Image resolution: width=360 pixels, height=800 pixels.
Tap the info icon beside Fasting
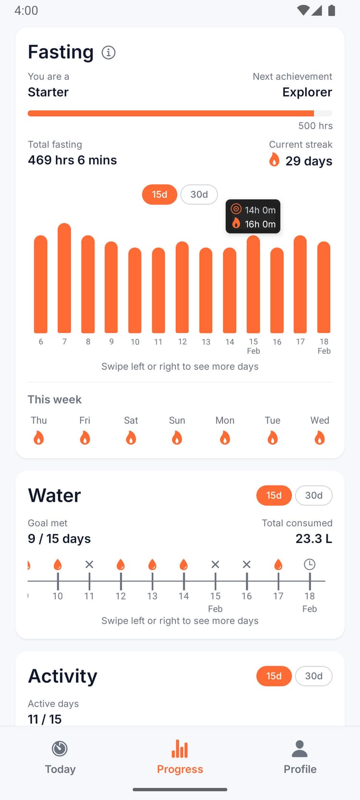point(108,52)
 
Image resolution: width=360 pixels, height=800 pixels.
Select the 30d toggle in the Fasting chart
point(199,194)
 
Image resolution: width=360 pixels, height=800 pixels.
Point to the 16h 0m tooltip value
point(260,224)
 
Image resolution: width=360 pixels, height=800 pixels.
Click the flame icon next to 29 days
point(274,160)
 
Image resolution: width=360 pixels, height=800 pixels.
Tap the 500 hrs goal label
point(315,126)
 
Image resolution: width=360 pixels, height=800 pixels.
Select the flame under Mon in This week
point(225,438)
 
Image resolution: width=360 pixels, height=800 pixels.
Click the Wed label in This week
point(320,420)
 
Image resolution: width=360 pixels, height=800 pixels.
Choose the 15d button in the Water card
point(274,495)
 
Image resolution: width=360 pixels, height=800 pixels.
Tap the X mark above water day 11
point(89,564)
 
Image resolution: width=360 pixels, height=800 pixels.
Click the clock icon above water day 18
point(310,564)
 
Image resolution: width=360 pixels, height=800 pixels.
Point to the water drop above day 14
point(183,564)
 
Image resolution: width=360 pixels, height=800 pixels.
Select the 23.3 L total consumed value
point(313,538)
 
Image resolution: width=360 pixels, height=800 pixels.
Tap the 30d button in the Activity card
point(313,676)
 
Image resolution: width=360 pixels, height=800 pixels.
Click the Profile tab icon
point(300,749)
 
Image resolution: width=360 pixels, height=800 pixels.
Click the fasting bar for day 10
point(135,290)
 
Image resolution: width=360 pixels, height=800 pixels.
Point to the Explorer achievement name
point(307,92)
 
